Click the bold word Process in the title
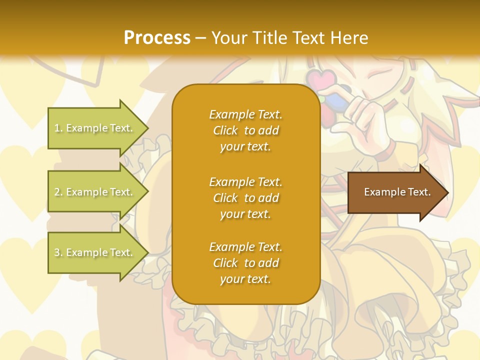(157, 38)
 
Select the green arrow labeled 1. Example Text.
(95, 128)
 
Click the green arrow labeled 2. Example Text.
(95, 192)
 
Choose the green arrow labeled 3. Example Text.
(95, 252)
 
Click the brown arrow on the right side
(395, 192)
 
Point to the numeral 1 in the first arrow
(57, 128)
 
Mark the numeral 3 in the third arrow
(57, 253)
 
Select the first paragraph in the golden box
(245, 130)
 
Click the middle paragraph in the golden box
(245, 198)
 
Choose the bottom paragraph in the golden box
(245, 263)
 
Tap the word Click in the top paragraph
(225, 130)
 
